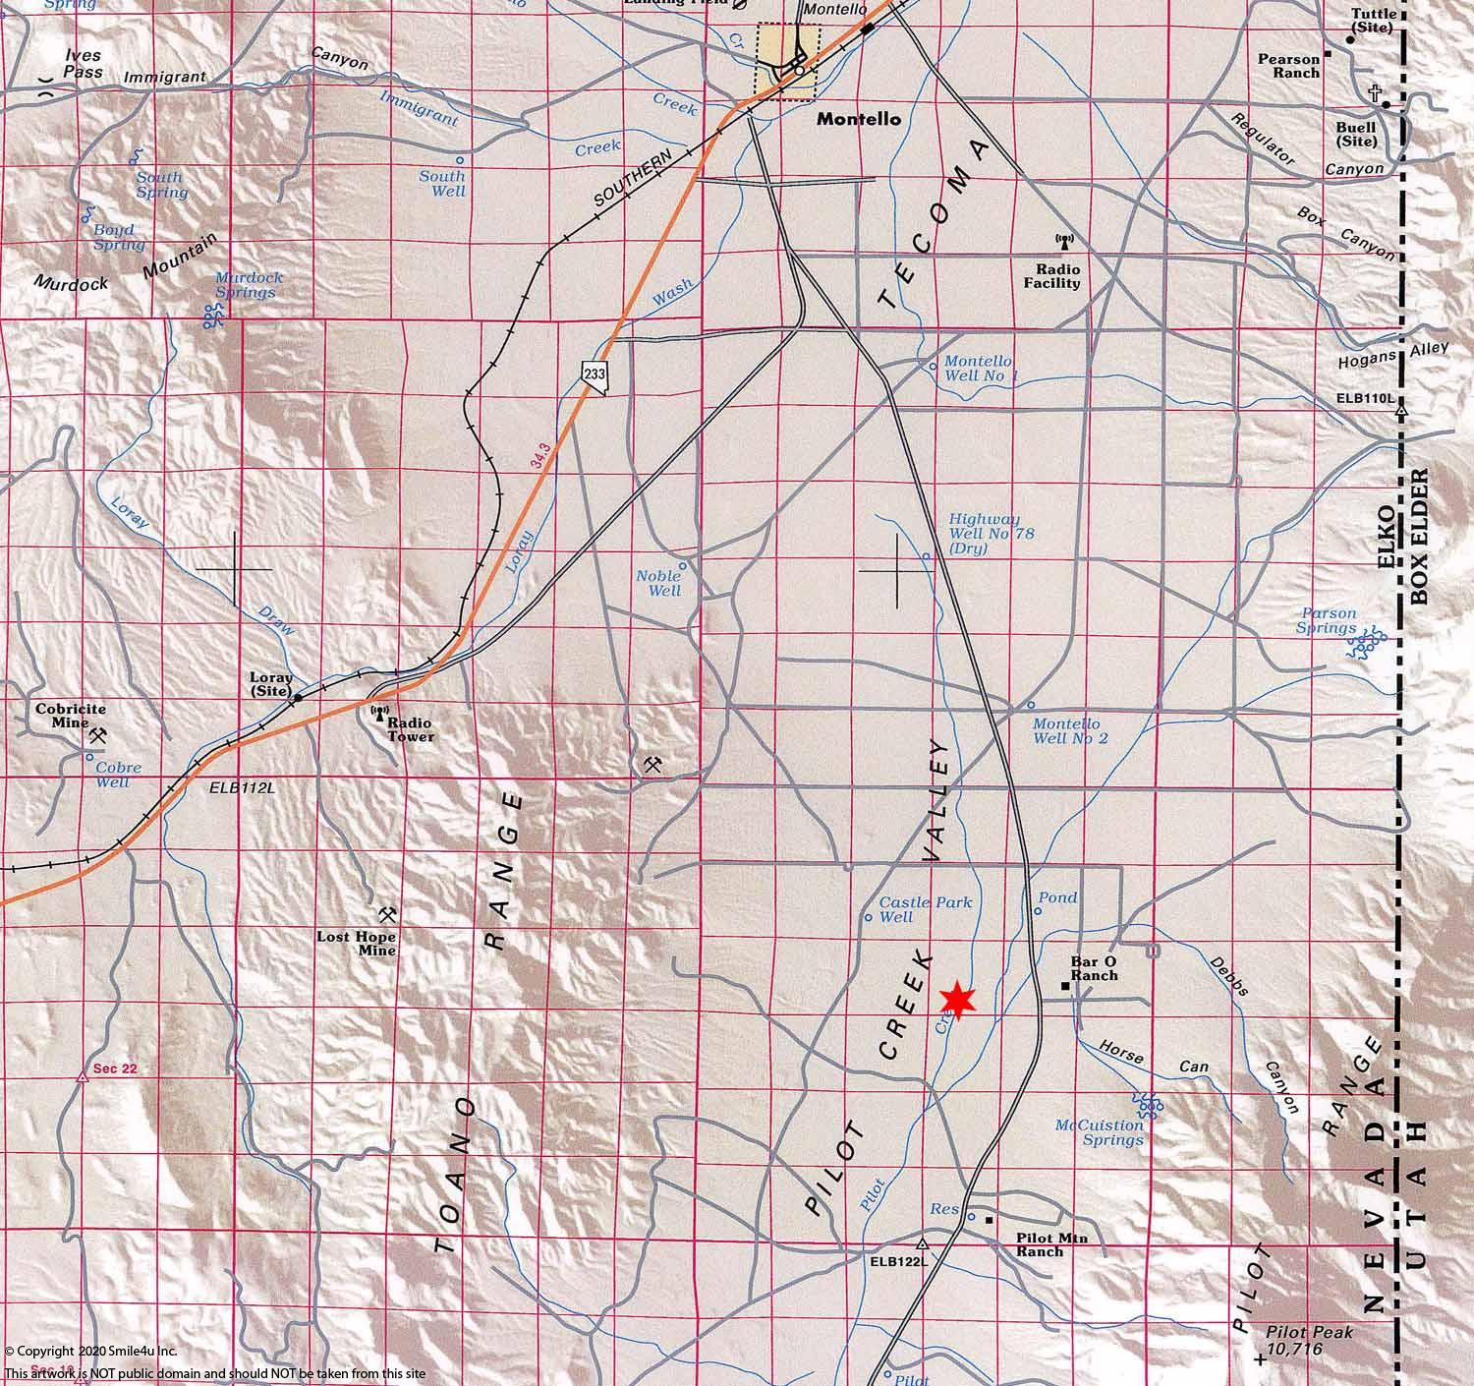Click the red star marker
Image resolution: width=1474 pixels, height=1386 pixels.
pos(956,1000)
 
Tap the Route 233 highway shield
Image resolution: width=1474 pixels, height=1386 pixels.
pos(594,375)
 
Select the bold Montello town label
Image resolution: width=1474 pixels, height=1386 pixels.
pos(858,119)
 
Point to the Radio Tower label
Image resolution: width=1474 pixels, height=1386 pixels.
pos(410,729)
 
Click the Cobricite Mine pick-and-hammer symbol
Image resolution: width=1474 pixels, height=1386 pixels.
pos(97,734)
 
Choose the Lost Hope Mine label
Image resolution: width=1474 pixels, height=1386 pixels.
pos(356,944)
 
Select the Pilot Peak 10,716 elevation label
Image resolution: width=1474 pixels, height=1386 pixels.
pos(1309,1341)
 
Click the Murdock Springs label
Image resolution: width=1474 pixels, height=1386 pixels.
pos(249,285)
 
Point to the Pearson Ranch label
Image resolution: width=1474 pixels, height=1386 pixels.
pos(1288,66)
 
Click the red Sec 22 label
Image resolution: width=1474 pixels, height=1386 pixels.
pos(115,1068)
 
